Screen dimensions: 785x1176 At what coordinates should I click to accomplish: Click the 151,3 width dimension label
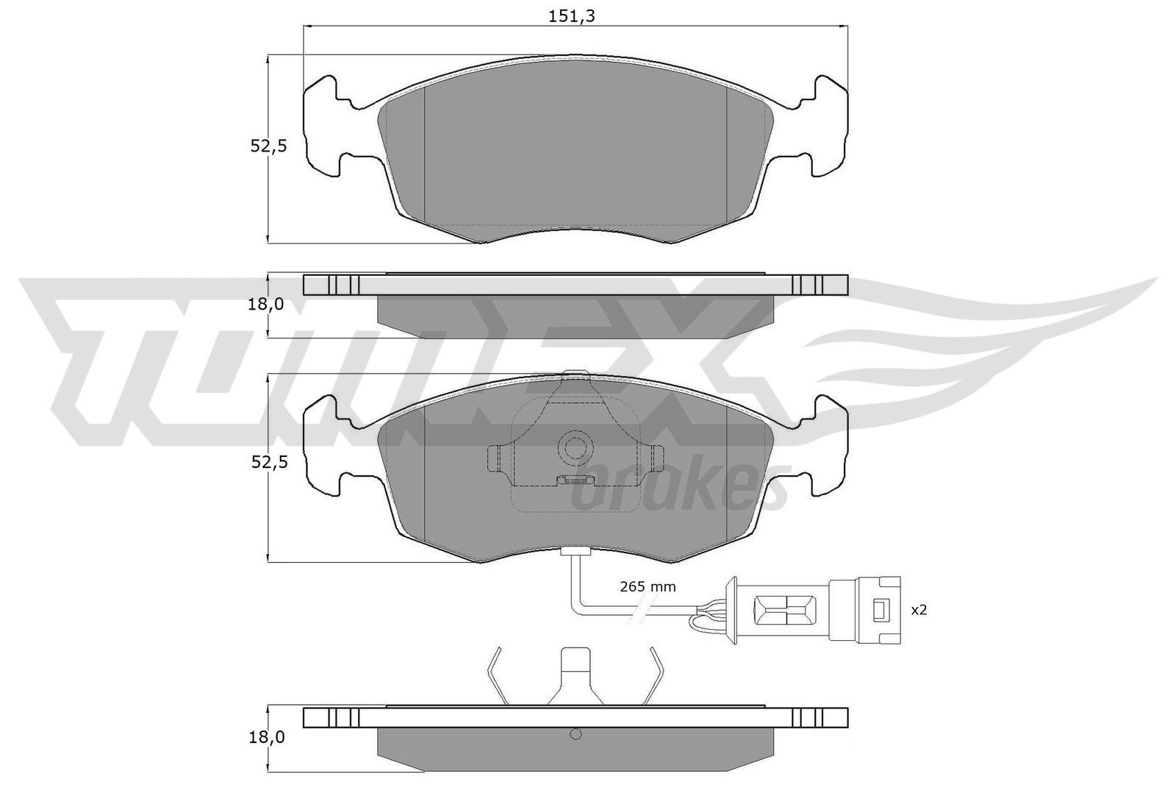[x=572, y=16]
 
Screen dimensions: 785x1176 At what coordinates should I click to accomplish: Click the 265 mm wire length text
[x=648, y=586]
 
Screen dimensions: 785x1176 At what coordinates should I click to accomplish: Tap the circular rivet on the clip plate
[x=575, y=446]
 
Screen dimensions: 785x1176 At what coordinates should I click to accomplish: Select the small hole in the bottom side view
[x=576, y=734]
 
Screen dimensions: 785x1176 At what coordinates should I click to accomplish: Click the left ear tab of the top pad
[x=323, y=127]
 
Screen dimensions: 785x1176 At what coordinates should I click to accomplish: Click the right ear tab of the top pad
[x=828, y=127]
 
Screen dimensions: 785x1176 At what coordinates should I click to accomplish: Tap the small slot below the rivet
[x=575, y=480]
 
